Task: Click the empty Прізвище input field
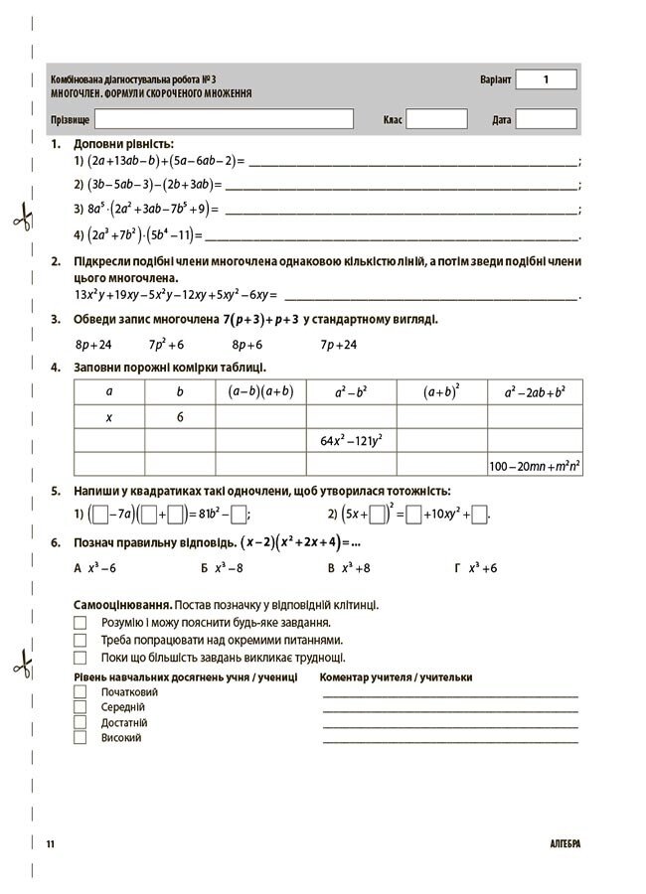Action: (x=225, y=119)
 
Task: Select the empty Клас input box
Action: (x=436, y=119)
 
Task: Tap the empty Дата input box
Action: (x=546, y=119)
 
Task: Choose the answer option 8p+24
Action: (x=93, y=345)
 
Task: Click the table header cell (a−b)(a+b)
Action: (x=260, y=391)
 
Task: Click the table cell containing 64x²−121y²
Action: (x=351, y=440)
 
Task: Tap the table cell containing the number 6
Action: (x=180, y=417)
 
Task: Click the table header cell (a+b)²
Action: (x=441, y=391)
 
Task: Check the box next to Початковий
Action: (x=81, y=691)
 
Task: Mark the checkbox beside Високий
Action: (x=81, y=738)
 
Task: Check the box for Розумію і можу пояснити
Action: (x=81, y=623)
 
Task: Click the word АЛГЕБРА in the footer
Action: (x=564, y=844)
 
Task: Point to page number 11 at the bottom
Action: (x=50, y=844)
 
